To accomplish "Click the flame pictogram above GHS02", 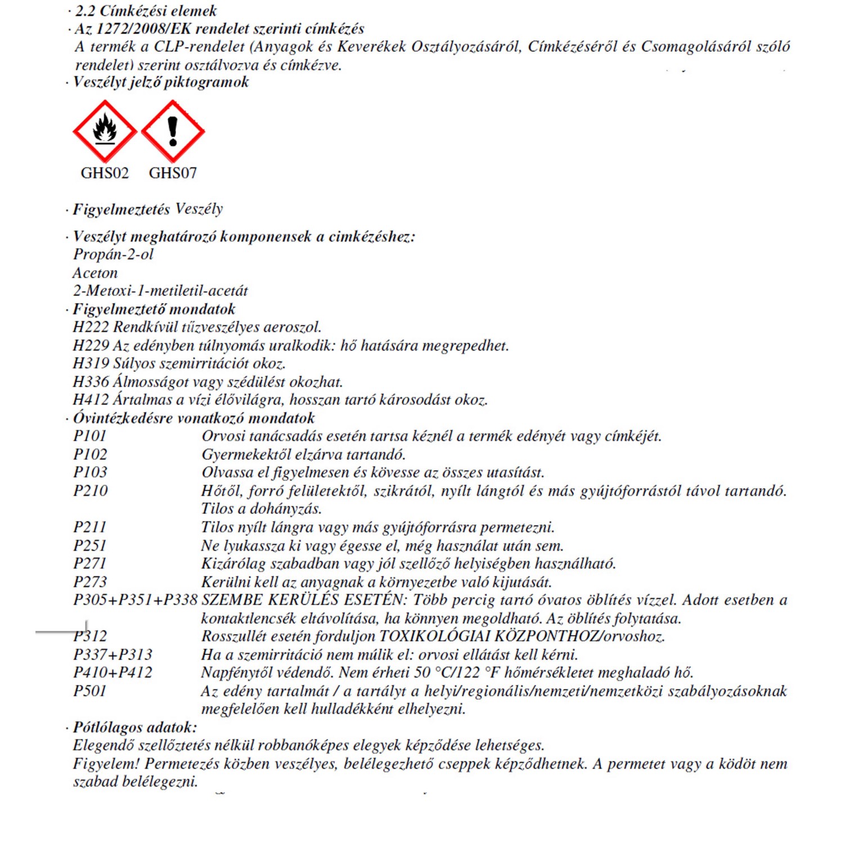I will (105, 131).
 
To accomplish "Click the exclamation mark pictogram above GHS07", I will (173, 131).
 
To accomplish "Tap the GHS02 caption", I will (105, 173).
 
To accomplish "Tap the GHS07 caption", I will (173, 173).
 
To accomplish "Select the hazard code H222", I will (91, 327).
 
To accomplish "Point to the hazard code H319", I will (91, 363).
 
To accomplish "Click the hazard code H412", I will (91, 400).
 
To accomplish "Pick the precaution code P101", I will (90, 436).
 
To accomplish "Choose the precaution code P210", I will (91, 491).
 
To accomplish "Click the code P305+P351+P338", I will (135, 600).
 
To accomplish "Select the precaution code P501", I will (90, 691).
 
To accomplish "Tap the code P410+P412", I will (113, 672).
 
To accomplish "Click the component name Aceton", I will (95, 273).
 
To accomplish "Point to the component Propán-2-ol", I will (113, 254).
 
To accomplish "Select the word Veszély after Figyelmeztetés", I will (199, 209).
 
